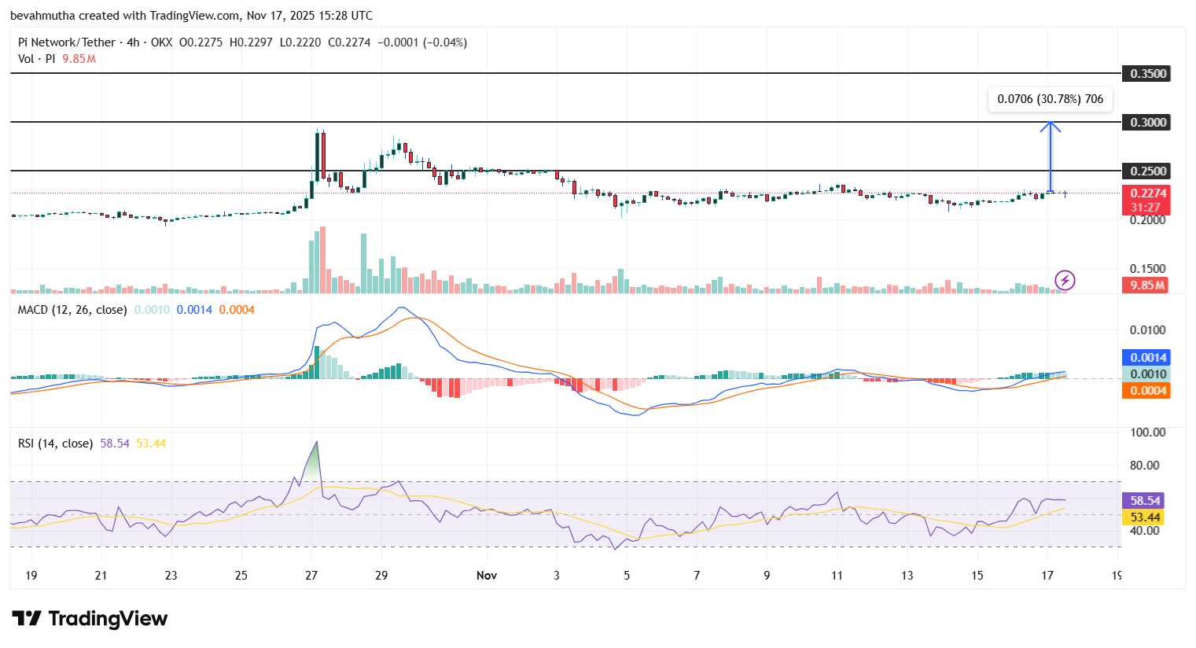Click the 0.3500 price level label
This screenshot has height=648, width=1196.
(1148, 74)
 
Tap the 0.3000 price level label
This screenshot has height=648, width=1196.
(1148, 123)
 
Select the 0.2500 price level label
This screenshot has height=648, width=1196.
(1148, 171)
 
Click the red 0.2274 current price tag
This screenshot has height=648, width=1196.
(1146, 193)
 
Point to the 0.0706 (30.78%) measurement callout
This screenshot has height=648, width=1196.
(1050, 99)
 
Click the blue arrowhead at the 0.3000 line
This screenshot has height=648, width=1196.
(1051, 125)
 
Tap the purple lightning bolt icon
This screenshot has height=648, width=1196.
(1065, 280)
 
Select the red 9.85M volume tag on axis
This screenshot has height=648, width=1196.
(1146, 285)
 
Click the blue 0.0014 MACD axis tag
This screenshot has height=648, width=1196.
(1146, 358)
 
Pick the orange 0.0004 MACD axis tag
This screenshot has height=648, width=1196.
(1146, 391)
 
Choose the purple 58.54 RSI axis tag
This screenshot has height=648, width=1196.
(1145, 501)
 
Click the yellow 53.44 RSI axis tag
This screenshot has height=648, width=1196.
(1145, 517)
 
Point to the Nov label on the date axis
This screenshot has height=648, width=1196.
(487, 576)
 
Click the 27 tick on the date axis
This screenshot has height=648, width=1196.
(311, 576)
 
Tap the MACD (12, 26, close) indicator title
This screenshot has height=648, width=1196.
(72, 310)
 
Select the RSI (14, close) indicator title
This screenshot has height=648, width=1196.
(55, 444)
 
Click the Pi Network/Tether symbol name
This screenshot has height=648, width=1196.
(67, 42)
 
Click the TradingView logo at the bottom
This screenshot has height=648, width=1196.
(90, 619)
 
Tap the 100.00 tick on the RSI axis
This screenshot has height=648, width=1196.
(1147, 433)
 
